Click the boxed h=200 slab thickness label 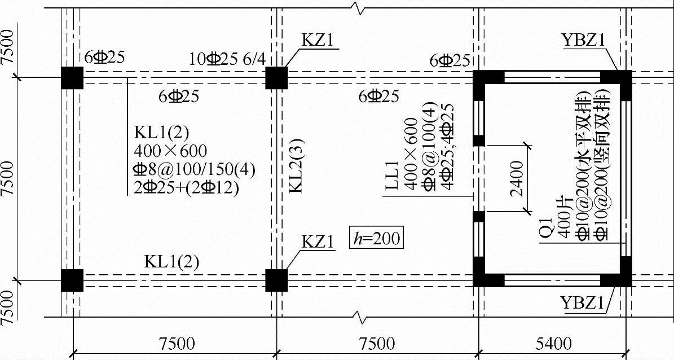click(x=376, y=238)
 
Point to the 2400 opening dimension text click(x=517, y=178)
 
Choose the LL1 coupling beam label click(x=392, y=174)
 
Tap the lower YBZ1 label click(x=584, y=303)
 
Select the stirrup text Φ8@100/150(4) click(x=194, y=170)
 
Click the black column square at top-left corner click(x=72, y=78)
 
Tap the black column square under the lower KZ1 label click(x=276, y=280)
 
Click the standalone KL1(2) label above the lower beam click(x=171, y=262)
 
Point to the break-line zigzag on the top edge click(x=358, y=8)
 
